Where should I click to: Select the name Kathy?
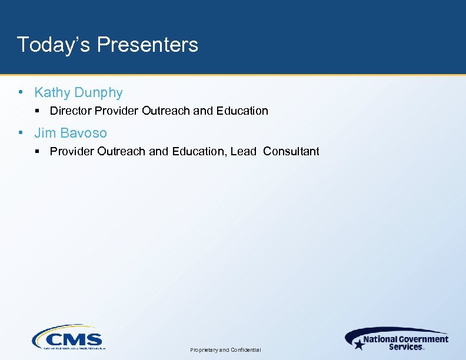tap(51, 92)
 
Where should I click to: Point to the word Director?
tap(71, 111)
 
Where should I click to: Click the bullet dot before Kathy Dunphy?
tap(21, 92)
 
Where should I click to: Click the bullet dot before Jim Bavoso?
tap(21, 133)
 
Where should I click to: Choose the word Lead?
tap(244, 151)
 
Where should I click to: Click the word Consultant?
tap(291, 151)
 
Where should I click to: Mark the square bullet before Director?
tap(37, 111)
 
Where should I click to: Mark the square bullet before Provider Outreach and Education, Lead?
tap(37, 151)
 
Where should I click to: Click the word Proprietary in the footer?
tap(204, 350)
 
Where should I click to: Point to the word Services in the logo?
tap(405, 346)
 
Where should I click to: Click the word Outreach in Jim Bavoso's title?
tap(122, 151)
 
